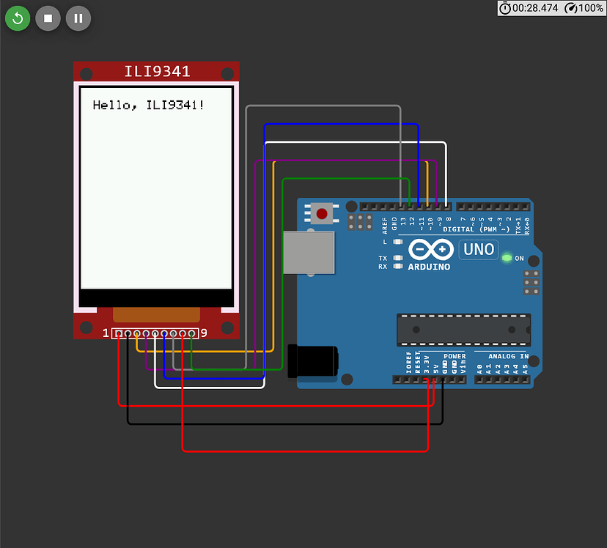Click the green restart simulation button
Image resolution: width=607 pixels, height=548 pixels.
[x=18, y=18]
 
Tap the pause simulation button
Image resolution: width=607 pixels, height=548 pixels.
[x=78, y=18]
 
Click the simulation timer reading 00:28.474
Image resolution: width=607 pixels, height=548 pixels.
[x=534, y=8]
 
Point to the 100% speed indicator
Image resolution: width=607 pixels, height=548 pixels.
[x=584, y=8]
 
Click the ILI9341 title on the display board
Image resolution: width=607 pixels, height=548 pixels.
[x=157, y=72]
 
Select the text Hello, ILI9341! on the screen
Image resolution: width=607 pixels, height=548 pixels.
[x=149, y=105]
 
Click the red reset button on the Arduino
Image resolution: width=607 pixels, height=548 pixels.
[x=321, y=214]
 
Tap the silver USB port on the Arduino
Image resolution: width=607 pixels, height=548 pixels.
[x=308, y=253]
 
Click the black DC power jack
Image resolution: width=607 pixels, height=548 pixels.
[x=313, y=362]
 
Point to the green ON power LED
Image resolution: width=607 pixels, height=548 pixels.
[x=506, y=258]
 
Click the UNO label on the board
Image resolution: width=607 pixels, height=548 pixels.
[x=479, y=249]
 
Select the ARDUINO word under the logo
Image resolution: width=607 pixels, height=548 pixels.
[x=429, y=267]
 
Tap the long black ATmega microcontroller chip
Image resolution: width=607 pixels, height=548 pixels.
[x=463, y=330]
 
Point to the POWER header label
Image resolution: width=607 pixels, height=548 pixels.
[x=455, y=357]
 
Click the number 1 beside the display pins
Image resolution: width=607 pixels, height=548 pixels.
[x=106, y=333]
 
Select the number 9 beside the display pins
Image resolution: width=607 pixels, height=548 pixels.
[x=204, y=333]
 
